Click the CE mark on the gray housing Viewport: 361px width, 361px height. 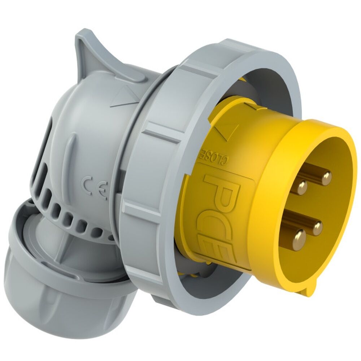click(x=95, y=187)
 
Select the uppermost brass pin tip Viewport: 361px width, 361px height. click(x=326, y=177)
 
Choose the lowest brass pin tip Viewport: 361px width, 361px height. click(x=299, y=237)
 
